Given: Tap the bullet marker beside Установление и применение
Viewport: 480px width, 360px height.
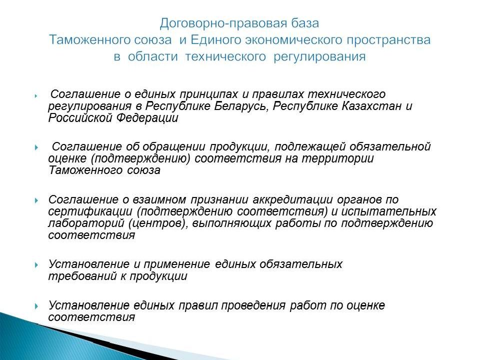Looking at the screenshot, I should pos(37,264).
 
